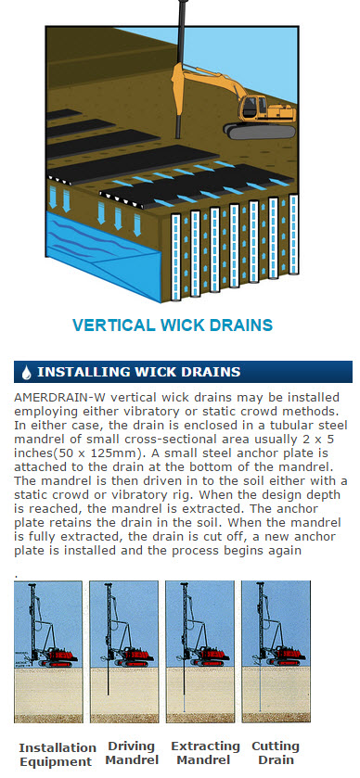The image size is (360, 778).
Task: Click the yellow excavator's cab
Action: click(252, 108)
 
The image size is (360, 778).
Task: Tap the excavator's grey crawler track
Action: click(259, 131)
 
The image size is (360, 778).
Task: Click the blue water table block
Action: click(103, 256)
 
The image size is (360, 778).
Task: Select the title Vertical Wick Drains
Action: click(173, 325)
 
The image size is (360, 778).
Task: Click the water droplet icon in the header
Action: click(27, 372)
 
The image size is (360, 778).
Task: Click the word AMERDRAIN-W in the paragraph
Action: click(51, 398)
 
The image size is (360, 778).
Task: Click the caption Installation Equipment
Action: click(58, 755)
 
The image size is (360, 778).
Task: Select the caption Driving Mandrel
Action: click(132, 753)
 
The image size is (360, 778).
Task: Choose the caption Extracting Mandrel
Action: click(205, 753)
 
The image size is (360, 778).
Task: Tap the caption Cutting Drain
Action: click(275, 753)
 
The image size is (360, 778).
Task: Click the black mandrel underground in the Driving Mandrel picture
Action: click(108, 681)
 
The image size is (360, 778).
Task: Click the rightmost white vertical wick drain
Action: click(293, 235)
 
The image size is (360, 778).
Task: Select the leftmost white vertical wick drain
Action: click(175, 258)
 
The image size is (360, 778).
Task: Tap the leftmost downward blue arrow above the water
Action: click(53, 197)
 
